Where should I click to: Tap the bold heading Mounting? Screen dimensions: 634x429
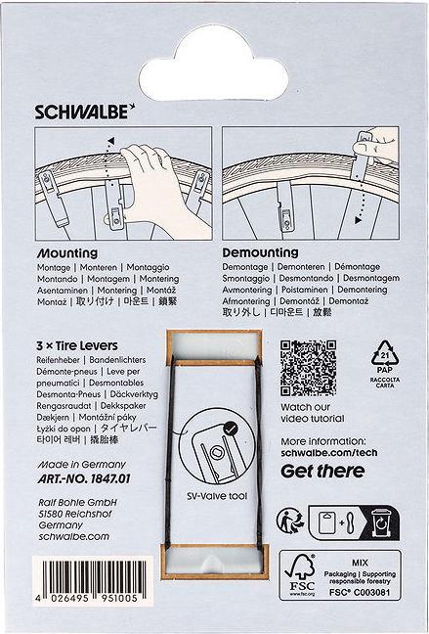coord(63,252)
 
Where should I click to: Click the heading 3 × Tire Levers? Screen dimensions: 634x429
coord(76,346)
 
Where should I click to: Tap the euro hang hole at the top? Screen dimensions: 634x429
coord(214,39)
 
